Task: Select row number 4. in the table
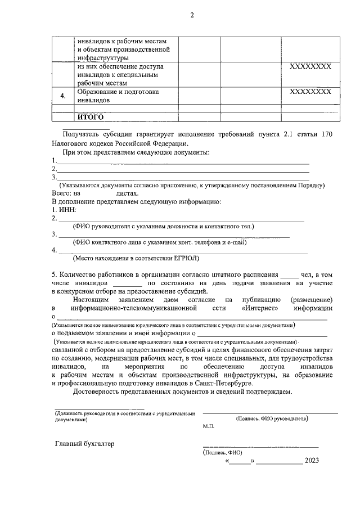[x=63, y=96]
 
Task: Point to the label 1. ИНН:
[x=64, y=210]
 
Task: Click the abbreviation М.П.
[x=209, y=427]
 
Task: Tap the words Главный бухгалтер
[x=84, y=444]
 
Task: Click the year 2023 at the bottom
[x=312, y=461]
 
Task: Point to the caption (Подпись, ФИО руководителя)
[x=272, y=418]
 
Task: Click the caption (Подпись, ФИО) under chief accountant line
[x=222, y=452]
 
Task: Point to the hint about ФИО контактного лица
[x=160, y=242]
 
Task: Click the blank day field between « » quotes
[x=240, y=461]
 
